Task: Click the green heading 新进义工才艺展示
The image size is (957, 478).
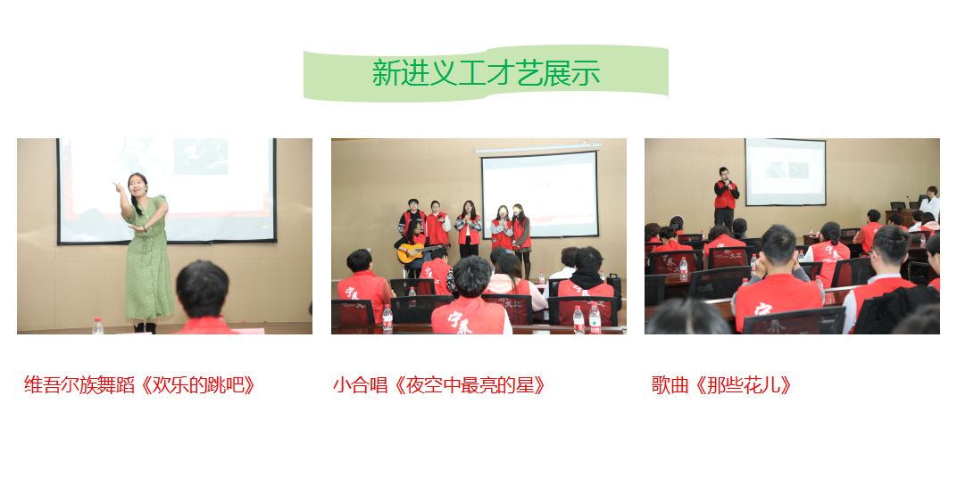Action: (486, 72)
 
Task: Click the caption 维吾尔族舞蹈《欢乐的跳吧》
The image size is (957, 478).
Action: (140, 385)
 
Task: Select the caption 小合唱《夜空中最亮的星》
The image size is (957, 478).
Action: (439, 385)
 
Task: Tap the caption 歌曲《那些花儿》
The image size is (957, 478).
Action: (722, 385)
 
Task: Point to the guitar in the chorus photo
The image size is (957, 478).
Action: (419, 251)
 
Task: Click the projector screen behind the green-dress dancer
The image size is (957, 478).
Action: (167, 191)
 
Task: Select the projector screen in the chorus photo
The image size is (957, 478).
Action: (539, 194)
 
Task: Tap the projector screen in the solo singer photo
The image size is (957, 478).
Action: (785, 172)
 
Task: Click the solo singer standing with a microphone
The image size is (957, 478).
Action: (726, 198)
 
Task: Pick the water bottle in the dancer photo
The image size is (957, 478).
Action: (97, 326)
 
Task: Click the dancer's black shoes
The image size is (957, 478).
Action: (146, 328)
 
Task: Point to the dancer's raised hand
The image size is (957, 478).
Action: (117, 186)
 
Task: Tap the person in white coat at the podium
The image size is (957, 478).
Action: (930, 204)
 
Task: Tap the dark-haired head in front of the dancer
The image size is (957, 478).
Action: (202, 290)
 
